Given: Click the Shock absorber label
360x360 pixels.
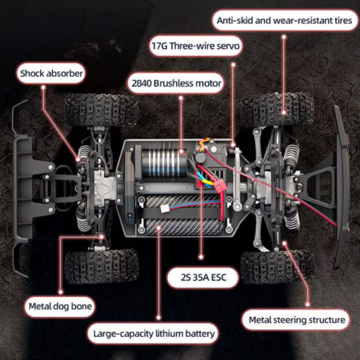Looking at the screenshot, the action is [x=51, y=74].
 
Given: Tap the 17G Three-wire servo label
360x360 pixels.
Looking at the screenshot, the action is [x=195, y=46].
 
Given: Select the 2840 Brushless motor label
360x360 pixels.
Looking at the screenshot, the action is [x=176, y=83].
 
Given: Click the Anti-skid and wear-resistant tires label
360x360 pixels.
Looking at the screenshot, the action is [x=284, y=21].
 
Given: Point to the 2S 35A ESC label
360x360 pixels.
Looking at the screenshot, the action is [x=203, y=278].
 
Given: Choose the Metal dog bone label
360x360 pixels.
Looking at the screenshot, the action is [x=60, y=306].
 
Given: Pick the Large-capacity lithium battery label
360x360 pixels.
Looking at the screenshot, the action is [x=154, y=334].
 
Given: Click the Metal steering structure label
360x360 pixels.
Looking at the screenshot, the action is [x=297, y=320].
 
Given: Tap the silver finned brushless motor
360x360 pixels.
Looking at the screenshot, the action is [x=163, y=163].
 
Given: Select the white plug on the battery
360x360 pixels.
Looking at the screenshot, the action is [x=164, y=209].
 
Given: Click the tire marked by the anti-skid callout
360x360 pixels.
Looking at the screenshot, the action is [x=277, y=110].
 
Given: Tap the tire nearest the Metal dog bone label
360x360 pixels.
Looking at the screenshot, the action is [x=102, y=266].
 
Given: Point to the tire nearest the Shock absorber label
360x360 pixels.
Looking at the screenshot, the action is [x=102, y=110].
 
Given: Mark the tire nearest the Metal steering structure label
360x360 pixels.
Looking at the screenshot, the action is [x=277, y=266].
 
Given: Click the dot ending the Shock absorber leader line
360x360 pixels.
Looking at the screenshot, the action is [x=78, y=159].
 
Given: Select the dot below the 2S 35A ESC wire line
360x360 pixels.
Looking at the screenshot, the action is [x=201, y=258].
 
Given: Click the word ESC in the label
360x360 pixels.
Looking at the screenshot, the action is [x=218, y=278].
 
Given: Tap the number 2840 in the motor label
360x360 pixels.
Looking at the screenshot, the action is [x=142, y=83].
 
